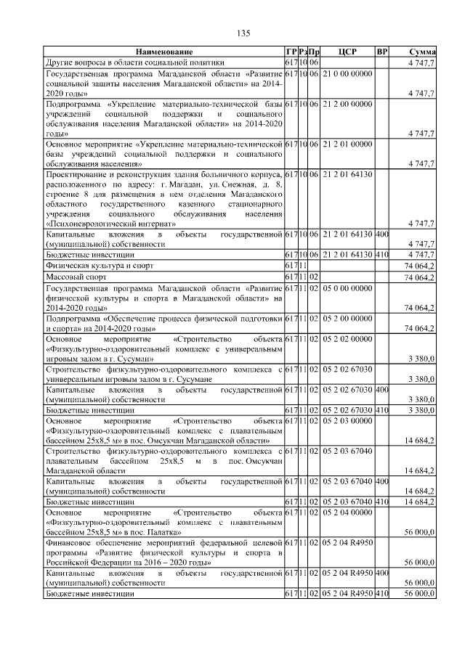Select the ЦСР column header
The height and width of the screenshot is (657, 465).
pos(347,52)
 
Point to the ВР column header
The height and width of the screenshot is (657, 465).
pos(382,52)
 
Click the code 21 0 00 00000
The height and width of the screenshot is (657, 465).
pos(347,74)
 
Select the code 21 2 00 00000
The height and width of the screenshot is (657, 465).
pos(347,105)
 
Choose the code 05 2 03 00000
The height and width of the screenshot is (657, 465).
pos(347,420)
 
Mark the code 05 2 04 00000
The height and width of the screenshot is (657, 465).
pos(347,513)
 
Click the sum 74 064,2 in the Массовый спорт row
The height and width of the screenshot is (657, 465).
pos(420,277)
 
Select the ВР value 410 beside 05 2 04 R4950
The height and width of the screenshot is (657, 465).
pos(383,593)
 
